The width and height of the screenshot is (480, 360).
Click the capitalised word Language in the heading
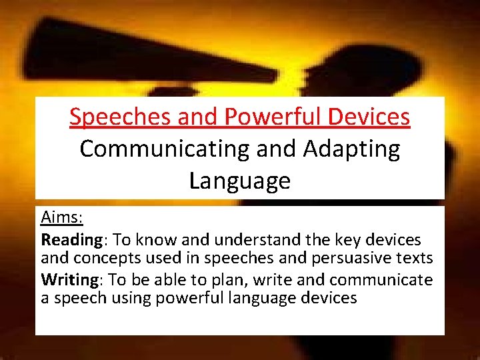240,180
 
